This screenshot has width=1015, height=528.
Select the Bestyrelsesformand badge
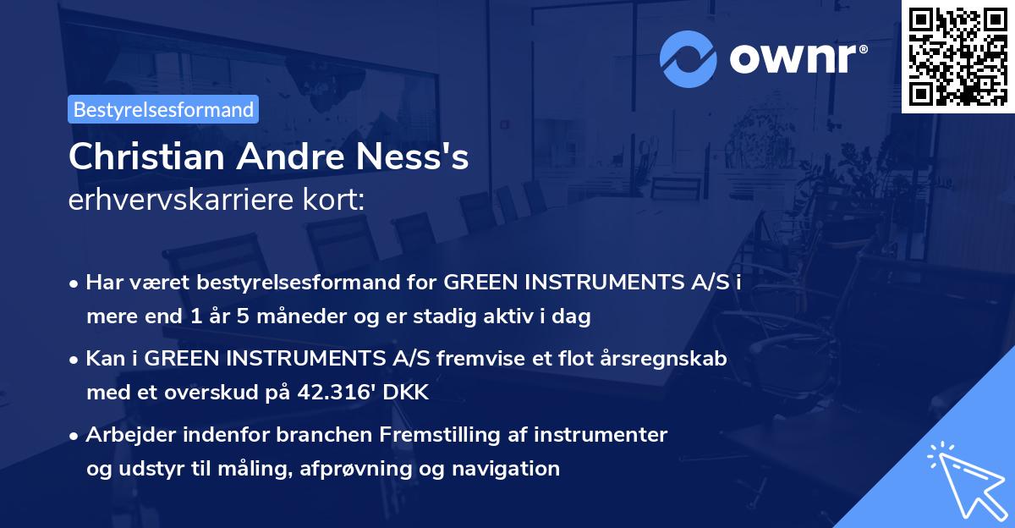(x=163, y=109)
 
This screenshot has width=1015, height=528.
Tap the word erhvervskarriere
(x=184, y=201)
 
